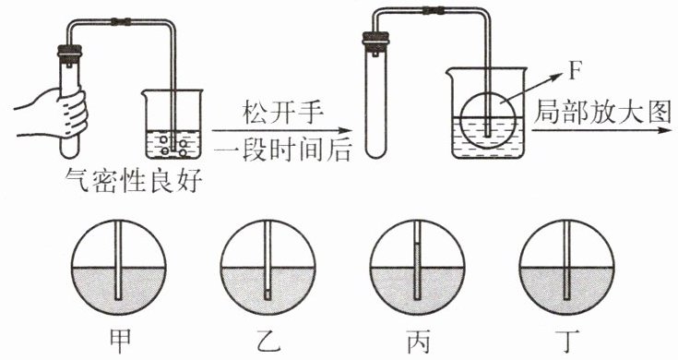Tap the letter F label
point(574,71)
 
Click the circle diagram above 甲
point(118,268)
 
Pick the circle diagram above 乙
point(268,268)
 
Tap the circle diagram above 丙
point(417,268)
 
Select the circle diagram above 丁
point(567,268)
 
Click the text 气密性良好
point(135,181)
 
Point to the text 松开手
point(283,114)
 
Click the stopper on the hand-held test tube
point(69,51)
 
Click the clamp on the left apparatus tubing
point(121,20)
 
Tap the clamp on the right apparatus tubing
point(434,9)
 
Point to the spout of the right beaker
point(449,69)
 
